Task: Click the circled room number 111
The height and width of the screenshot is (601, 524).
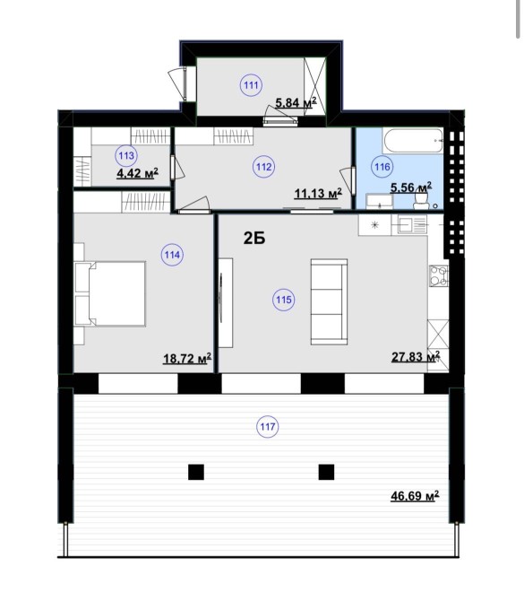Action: (251, 85)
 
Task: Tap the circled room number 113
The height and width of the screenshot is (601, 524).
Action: (126, 155)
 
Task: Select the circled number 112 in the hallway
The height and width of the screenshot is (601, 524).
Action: (264, 167)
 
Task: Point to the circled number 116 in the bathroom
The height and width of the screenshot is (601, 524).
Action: (382, 167)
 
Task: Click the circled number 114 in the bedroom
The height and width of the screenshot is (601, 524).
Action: (172, 255)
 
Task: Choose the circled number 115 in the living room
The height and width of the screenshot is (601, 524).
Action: (284, 300)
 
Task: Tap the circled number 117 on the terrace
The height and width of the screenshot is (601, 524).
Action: (268, 427)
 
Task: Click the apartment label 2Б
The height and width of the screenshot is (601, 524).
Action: (254, 239)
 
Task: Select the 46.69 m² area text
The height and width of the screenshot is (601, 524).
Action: (415, 496)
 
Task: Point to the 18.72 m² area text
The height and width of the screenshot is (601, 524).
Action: (187, 359)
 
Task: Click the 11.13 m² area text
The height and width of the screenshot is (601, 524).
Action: (318, 194)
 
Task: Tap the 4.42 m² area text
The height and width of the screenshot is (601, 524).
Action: (137, 173)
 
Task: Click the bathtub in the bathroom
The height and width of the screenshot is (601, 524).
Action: (413, 141)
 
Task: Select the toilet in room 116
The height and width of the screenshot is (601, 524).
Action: (421, 201)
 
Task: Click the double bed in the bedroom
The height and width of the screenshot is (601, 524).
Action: (110, 293)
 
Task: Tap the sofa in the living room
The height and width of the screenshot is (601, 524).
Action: (329, 302)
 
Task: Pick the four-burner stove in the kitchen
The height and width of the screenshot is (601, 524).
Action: (439, 276)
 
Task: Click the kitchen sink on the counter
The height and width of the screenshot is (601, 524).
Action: (412, 224)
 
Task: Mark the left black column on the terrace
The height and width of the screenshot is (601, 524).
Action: (196, 472)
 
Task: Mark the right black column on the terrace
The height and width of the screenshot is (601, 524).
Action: (327, 472)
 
